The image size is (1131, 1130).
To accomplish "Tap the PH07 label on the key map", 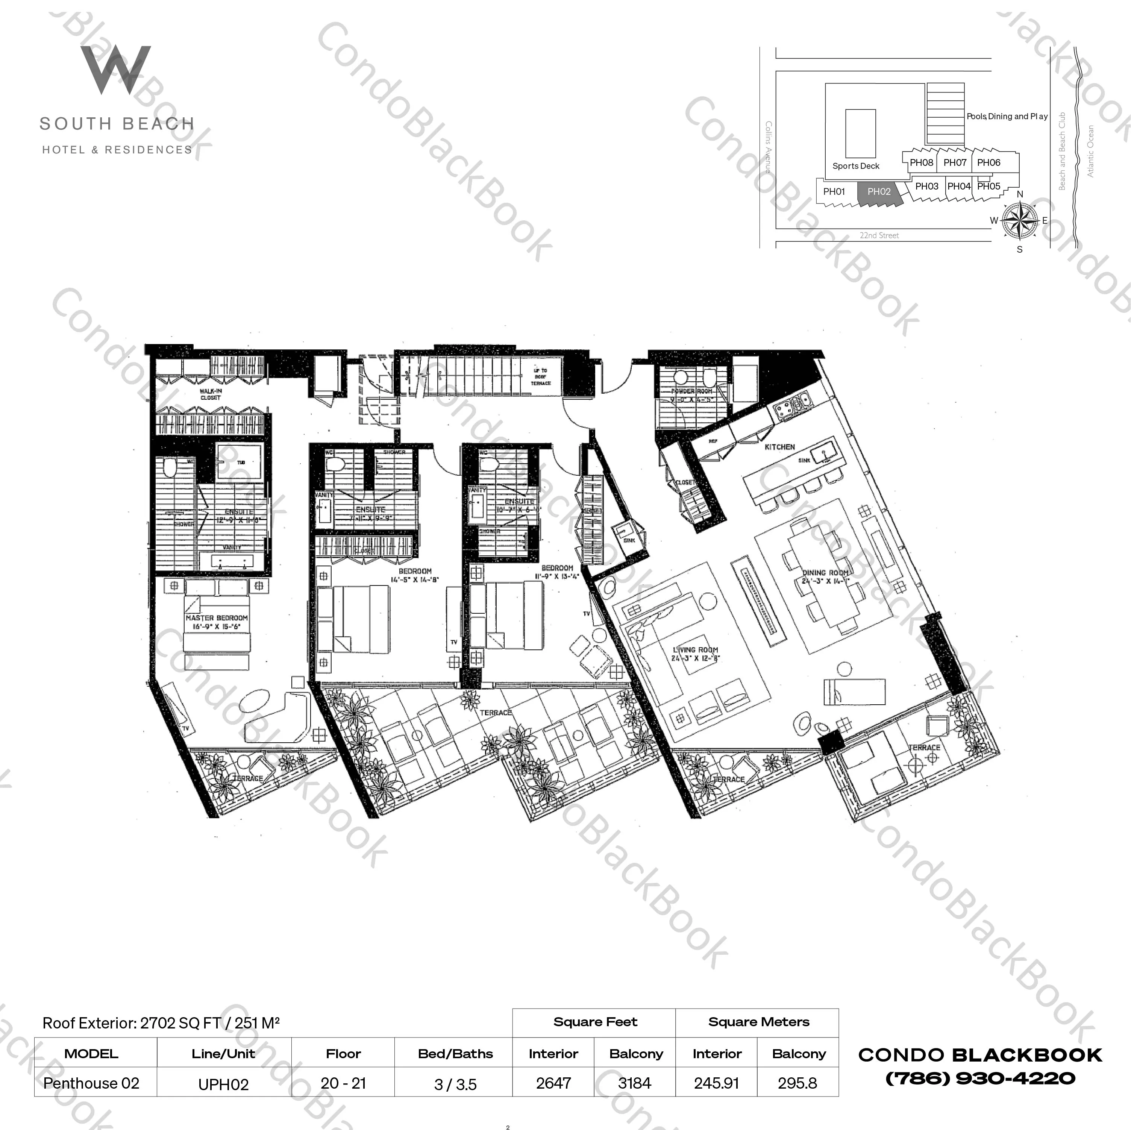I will [x=954, y=163].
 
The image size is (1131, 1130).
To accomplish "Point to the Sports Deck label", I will [x=855, y=166].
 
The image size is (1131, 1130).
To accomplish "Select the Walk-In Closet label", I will [x=210, y=394].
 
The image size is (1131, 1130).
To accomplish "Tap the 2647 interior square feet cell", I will [x=553, y=1083].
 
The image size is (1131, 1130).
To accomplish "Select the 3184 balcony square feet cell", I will [x=635, y=1083].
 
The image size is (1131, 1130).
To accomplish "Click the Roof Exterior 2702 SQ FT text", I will [x=161, y=1023].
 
